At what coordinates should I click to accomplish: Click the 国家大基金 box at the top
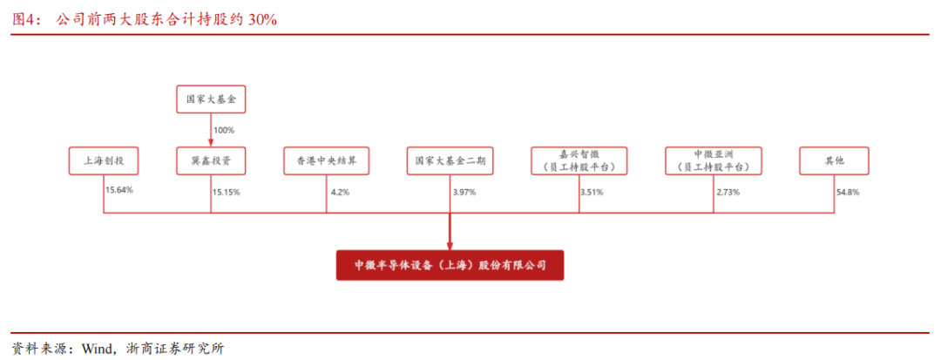coord(211,99)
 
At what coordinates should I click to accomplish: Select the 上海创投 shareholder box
coord(104,160)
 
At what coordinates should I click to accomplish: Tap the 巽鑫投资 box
coord(211,160)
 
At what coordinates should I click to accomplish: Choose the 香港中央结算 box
coord(327,160)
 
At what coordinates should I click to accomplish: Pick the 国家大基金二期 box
coord(450,160)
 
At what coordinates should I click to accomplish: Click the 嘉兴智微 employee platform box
coord(579,160)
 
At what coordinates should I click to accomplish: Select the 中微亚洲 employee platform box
coord(714,160)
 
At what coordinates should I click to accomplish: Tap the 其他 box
coord(834,160)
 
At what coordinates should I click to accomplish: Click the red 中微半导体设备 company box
coord(450,265)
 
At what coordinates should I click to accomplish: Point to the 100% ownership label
coord(224,130)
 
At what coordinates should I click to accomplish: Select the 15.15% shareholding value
coord(227,193)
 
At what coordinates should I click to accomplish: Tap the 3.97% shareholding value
coord(464,193)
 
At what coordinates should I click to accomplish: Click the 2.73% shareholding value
coord(728,193)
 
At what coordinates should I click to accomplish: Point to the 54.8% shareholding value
coord(848,193)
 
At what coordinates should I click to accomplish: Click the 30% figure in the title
coord(262,20)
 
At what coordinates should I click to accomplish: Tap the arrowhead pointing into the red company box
coord(450,246)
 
